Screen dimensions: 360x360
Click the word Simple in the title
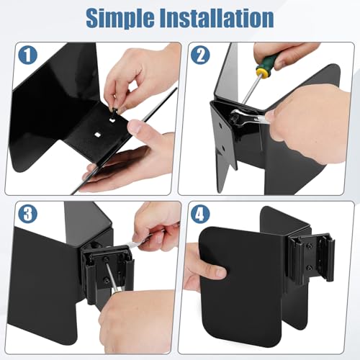(x=120, y=19)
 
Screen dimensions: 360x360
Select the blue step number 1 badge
(x=28, y=55)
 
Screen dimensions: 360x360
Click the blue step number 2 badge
(x=200, y=55)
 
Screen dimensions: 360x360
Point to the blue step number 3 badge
(x=28, y=214)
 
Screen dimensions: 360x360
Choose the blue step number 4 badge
(x=200, y=214)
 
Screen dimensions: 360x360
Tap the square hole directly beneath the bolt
(x=112, y=120)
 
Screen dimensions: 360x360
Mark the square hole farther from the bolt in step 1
(x=97, y=135)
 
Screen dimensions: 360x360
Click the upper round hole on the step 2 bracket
(x=220, y=125)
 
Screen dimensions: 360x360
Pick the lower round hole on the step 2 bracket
(x=223, y=148)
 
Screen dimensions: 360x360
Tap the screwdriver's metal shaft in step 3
(x=112, y=276)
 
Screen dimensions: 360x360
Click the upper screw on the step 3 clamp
(x=105, y=259)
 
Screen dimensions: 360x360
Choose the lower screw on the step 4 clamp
(x=310, y=266)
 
